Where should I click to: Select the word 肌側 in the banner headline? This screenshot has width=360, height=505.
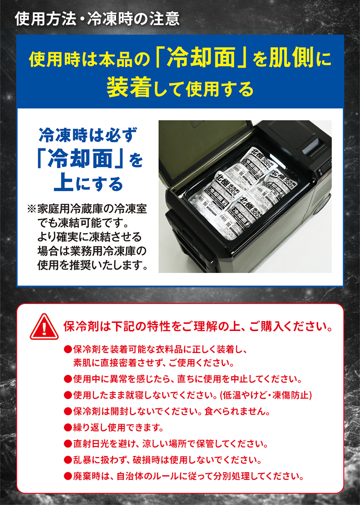(x=292, y=58)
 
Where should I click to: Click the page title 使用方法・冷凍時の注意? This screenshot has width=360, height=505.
(x=97, y=18)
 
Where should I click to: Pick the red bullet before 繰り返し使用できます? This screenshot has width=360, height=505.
(x=68, y=426)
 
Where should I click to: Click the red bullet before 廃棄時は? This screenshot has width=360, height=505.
(x=68, y=476)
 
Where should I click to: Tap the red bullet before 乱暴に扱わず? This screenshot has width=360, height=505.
(x=68, y=460)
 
